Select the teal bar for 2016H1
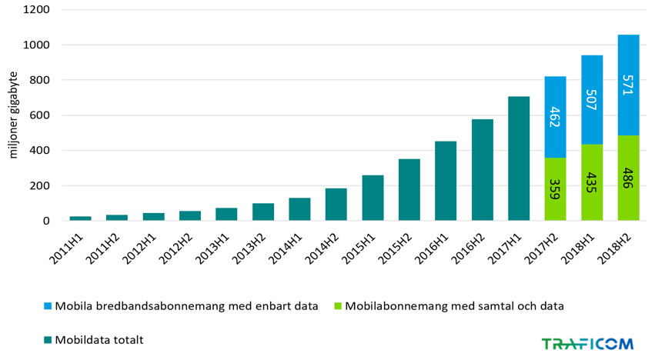tap(446, 181)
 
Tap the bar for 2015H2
tap(409, 190)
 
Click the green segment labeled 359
tap(555, 189)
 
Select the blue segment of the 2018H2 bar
tap(628, 85)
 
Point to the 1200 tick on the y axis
tap(35, 10)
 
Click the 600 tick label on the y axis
tap(39, 115)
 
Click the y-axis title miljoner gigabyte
tap(13, 115)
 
